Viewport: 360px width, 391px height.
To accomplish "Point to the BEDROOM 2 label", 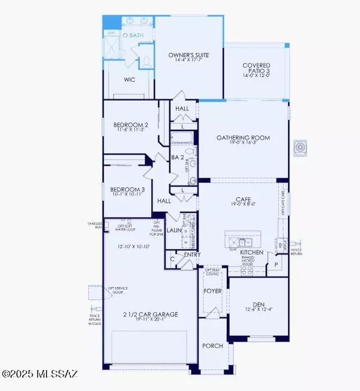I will point(130,125).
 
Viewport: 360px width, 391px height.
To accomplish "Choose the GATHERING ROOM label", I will point(243,137).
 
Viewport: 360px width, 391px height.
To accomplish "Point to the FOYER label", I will point(212,294).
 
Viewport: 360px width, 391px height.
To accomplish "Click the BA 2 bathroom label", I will point(177,157).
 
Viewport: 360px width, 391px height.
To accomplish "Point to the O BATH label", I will point(133,36).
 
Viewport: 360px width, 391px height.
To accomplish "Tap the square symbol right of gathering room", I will point(300,148).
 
